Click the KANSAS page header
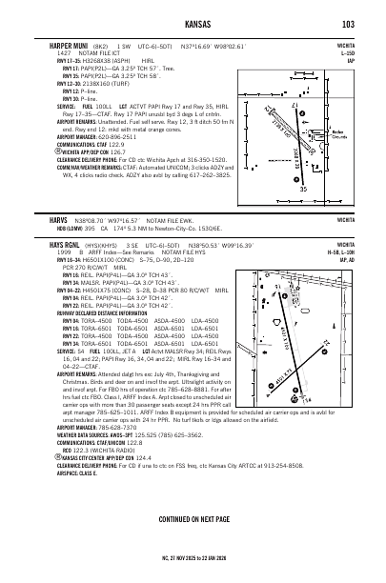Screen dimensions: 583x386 193,23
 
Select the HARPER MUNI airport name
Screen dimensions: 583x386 56,44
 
